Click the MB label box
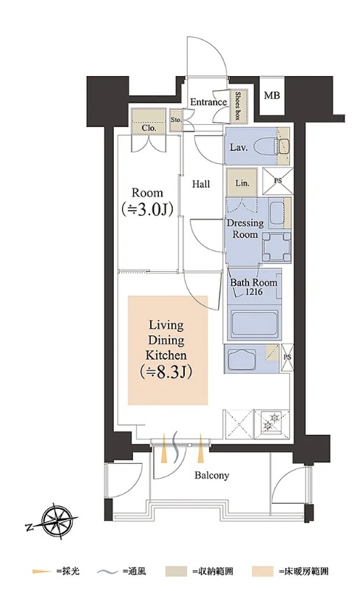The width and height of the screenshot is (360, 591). tap(271, 95)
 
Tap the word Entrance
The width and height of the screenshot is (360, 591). tap(208, 102)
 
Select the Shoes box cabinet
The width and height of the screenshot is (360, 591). tap(238, 106)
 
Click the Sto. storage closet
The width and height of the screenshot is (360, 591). tap(176, 120)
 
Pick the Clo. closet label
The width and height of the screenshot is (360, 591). tap(149, 128)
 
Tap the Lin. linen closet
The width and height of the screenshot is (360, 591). tap(242, 182)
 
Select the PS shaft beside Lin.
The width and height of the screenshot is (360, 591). tap(278, 180)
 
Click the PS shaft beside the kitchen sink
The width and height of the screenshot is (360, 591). tap(288, 357)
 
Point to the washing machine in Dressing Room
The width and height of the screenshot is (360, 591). tap(276, 247)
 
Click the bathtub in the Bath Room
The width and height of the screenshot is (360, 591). tap(254, 324)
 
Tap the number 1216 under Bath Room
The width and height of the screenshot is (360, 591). tap(254, 292)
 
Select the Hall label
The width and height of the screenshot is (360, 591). tap(201, 184)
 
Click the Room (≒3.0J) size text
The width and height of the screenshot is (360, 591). tap(147, 202)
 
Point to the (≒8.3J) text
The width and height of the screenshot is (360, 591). tap(166, 372)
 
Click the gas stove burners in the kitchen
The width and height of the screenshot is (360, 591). tap(272, 421)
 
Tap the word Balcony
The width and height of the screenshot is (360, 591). tap(212, 475)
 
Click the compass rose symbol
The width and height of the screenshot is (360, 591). tap(55, 522)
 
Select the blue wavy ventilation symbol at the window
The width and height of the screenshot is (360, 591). tap(175, 446)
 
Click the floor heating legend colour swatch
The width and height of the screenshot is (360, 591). tap(262, 572)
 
